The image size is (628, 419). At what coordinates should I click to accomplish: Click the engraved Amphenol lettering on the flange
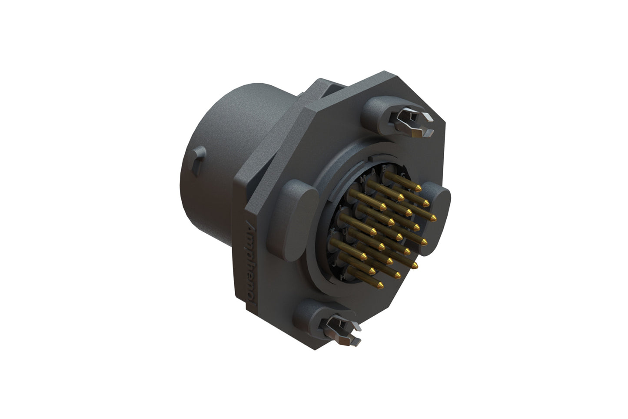(251, 261)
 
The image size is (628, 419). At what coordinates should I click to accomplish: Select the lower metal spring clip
(343, 330)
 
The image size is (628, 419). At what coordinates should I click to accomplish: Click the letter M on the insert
(363, 179)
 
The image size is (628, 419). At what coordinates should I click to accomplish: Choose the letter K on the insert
(333, 230)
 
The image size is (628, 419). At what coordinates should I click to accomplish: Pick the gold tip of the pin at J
(372, 271)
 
